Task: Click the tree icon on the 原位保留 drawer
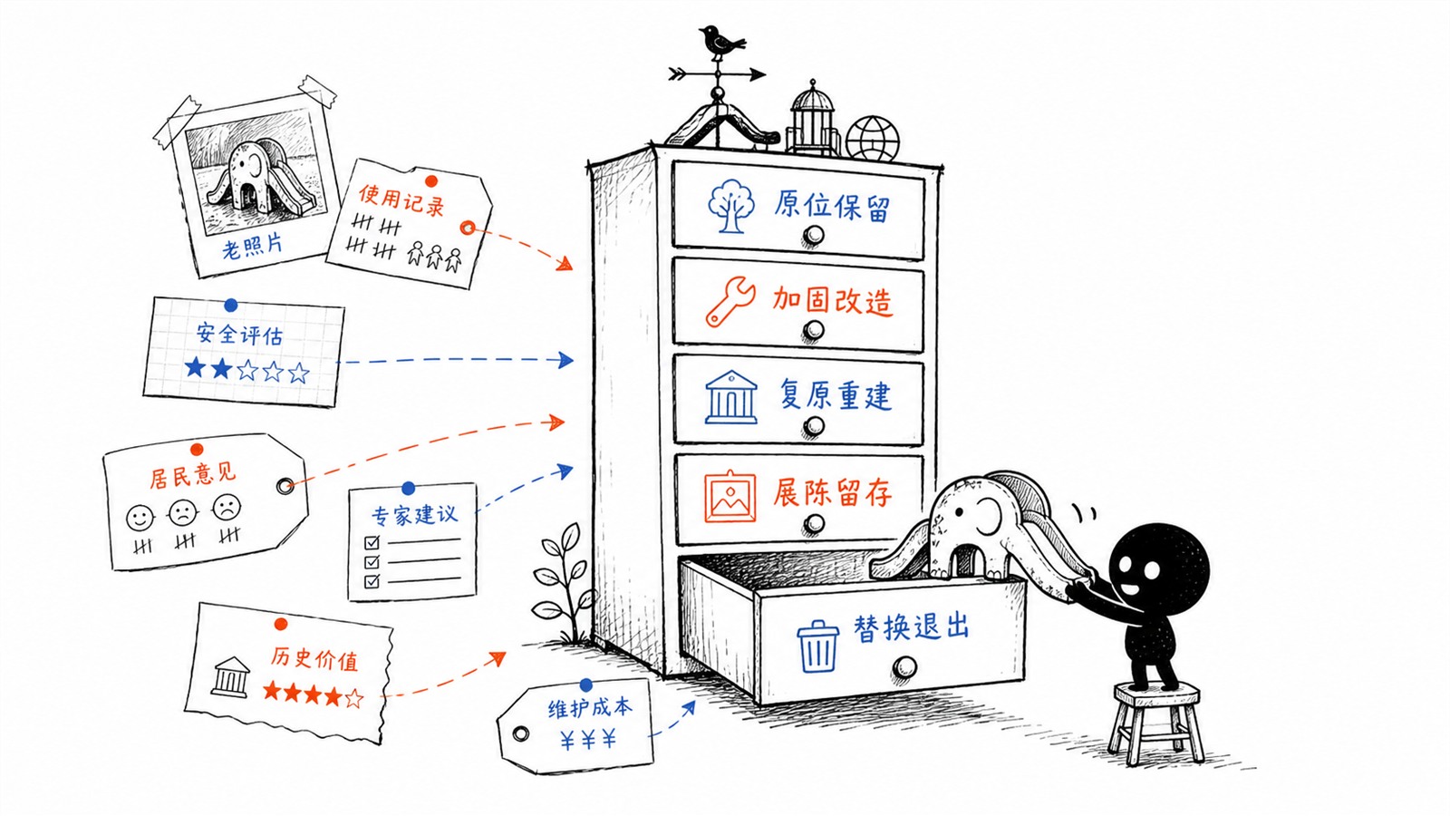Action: pyautogui.click(x=730, y=206)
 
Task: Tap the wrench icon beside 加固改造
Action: pyautogui.click(x=730, y=302)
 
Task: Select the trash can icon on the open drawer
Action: pyautogui.click(x=817, y=647)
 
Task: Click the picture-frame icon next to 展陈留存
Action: pyautogui.click(x=730, y=496)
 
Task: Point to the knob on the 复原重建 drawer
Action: pyautogui.click(x=813, y=426)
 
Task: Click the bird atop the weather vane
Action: pyautogui.click(x=720, y=42)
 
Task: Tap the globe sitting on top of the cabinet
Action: pyautogui.click(x=872, y=139)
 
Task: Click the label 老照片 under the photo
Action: pyautogui.click(x=253, y=247)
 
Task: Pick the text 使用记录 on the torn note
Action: pyautogui.click(x=402, y=199)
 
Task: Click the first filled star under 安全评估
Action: pyautogui.click(x=195, y=367)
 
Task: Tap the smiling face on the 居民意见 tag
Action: pyautogui.click(x=140, y=518)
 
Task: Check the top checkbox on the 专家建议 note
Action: pyautogui.click(x=372, y=542)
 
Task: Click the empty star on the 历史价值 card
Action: pyautogui.click(x=353, y=698)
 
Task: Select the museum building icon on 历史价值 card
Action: pyautogui.click(x=230, y=676)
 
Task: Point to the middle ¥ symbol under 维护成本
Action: pyautogui.click(x=588, y=739)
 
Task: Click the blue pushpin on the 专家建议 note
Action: pyautogui.click(x=408, y=489)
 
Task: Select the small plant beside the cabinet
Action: pyautogui.click(x=562, y=583)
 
